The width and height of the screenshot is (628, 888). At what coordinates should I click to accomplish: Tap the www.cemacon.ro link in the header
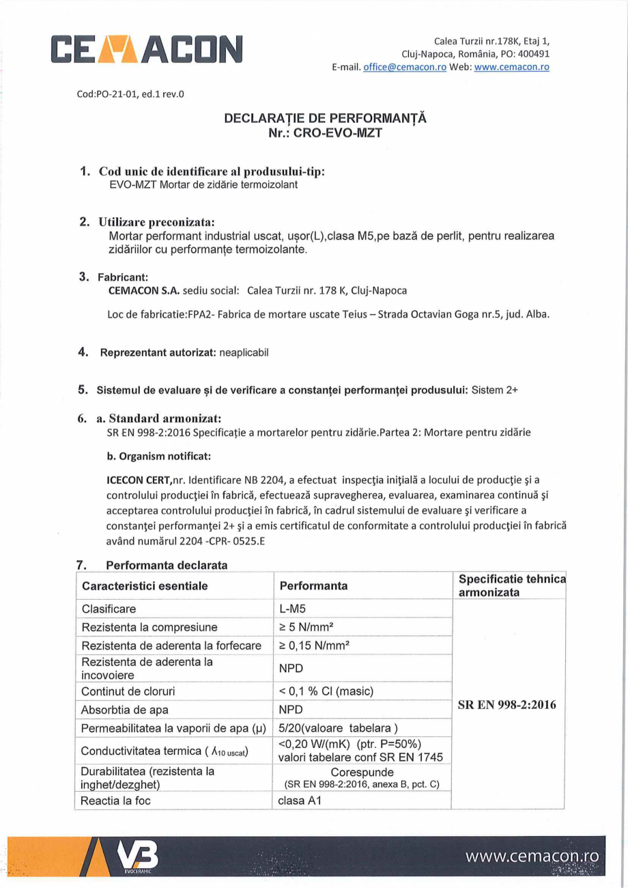511,67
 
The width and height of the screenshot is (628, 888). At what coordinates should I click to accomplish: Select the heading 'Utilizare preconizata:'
157,222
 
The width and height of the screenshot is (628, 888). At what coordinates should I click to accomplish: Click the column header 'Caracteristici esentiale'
145,586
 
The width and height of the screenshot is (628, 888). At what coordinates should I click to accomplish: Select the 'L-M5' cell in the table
293,609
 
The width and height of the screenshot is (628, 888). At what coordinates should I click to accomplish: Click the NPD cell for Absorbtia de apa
291,710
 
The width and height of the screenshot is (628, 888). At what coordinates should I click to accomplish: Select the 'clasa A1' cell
300,801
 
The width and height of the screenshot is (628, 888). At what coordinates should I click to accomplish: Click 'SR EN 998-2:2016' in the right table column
507,705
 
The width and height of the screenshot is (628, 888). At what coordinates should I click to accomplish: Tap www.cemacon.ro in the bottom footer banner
532,857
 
